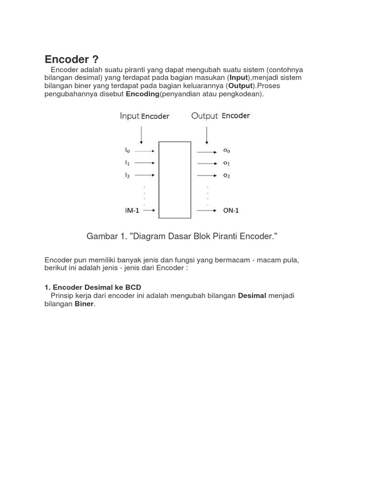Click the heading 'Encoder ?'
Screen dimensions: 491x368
[71, 59]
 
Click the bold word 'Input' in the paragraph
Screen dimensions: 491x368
[238, 78]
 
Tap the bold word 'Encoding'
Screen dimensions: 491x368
[142, 94]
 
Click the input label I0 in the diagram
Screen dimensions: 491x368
[127, 150]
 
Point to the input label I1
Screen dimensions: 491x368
[127, 163]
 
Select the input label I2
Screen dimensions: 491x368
[127, 175]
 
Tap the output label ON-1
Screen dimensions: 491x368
[231, 210]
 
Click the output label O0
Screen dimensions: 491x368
[226, 151]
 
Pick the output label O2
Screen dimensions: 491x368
[226, 176]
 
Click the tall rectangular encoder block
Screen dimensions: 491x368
[174, 180]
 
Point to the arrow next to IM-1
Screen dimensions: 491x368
[149, 210]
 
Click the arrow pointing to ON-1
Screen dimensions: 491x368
[206, 210]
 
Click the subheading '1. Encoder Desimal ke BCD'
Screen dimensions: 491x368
[92, 287]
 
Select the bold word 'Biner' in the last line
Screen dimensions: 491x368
[84, 304]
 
